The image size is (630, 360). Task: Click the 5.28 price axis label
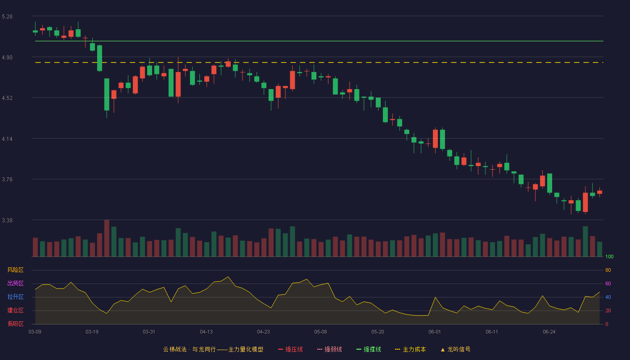(x=7, y=17)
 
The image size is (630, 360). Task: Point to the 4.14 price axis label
(x=7, y=139)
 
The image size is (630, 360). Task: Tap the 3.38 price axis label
(x=7, y=220)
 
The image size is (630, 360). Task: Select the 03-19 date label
(x=92, y=332)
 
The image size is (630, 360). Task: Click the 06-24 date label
(x=549, y=332)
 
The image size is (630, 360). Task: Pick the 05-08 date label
(x=320, y=332)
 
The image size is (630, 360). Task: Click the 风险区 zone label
(x=15, y=270)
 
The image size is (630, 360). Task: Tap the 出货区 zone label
(x=15, y=283)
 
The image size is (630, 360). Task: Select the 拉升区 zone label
(x=15, y=297)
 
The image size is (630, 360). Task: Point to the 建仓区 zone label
(x=15, y=310)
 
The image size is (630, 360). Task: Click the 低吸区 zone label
(x=15, y=324)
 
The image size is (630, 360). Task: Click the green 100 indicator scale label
(x=609, y=256)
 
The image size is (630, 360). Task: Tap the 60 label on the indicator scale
(x=608, y=283)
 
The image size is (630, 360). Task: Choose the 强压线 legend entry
(x=291, y=349)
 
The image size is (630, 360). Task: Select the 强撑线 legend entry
(x=369, y=349)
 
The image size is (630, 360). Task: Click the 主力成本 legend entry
(x=410, y=349)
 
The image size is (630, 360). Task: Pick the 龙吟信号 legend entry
(x=455, y=349)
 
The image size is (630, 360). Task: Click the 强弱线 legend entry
(x=329, y=349)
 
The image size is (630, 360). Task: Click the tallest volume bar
(x=107, y=238)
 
